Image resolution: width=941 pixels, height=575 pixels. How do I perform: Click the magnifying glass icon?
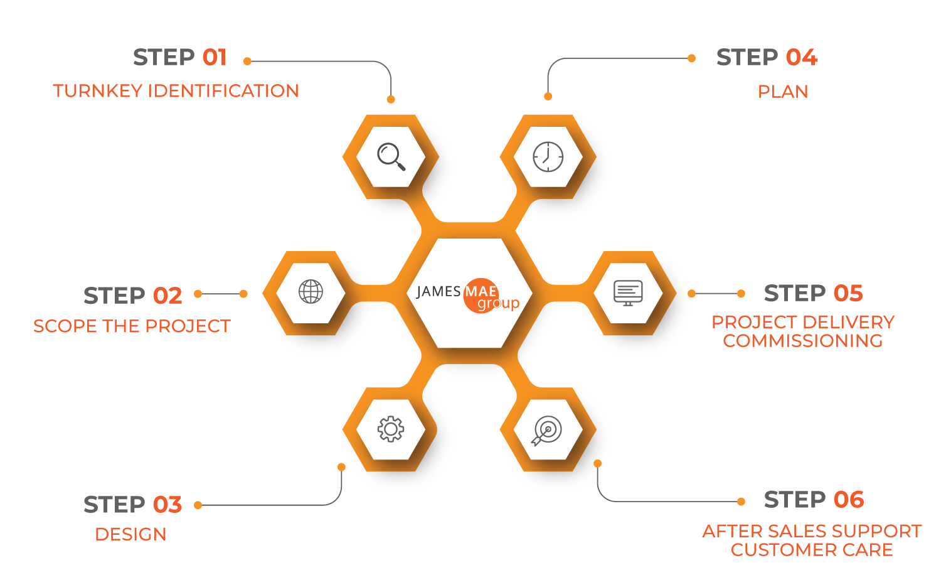tap(391, 156)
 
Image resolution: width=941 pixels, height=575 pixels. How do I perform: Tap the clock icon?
tap(548, 156)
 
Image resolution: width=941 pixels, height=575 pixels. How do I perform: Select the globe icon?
tap(311, 292)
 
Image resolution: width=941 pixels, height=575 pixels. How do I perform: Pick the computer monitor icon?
tap(628, 293)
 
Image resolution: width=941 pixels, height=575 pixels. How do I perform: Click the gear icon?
tap(390, 429)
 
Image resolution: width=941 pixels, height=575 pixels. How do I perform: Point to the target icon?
tap(547, 431)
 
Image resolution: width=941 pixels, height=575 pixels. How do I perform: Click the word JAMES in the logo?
tap(439, 292)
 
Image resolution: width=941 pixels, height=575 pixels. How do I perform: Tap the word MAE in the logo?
tap(481, 291)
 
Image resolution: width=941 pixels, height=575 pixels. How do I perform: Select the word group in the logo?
tap(499, 304)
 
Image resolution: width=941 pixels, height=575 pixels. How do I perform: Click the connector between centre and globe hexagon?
tap(370, 293)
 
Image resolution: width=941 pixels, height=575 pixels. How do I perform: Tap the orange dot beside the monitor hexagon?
tap(691, 293)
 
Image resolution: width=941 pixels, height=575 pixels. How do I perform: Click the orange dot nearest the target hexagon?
tap(598, 463)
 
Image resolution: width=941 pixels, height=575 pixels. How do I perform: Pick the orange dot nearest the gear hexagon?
tap(341, 466)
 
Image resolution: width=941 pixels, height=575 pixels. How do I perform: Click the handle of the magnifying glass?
tap(400, 165)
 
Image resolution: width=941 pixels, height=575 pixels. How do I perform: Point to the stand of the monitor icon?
tap(628, 304)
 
